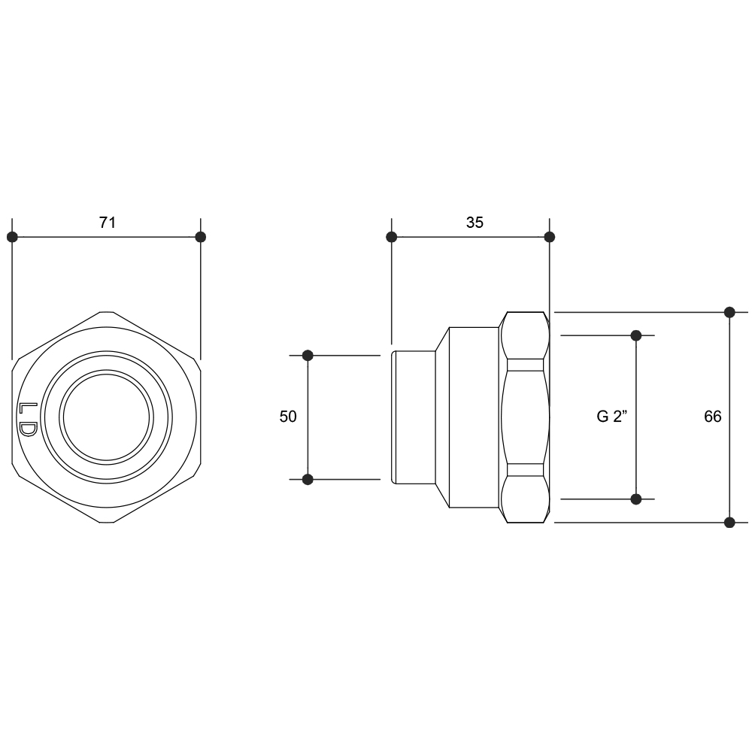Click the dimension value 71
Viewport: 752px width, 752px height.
[108, 223]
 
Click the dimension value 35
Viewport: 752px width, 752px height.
[475, 223]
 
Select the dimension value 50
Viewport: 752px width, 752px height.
[288, 417]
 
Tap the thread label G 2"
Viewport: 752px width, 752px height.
[611, 417]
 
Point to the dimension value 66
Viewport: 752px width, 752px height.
[713, 417]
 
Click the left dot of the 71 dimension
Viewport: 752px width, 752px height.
[13, 237]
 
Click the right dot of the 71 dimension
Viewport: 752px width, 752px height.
[201, 237]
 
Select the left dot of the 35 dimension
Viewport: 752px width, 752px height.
[392, 237]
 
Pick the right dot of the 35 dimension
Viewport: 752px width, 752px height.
[550, 237]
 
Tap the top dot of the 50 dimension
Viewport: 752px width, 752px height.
[308, 356]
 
